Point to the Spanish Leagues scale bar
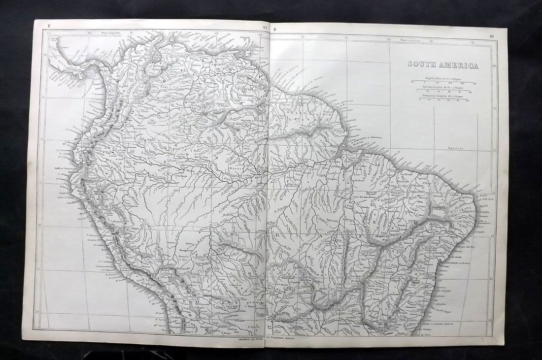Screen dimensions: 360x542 point(443,91)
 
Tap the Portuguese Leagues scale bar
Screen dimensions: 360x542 point(443,99)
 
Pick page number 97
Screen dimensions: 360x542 point(265,29)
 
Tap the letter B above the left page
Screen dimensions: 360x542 point(48,26)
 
